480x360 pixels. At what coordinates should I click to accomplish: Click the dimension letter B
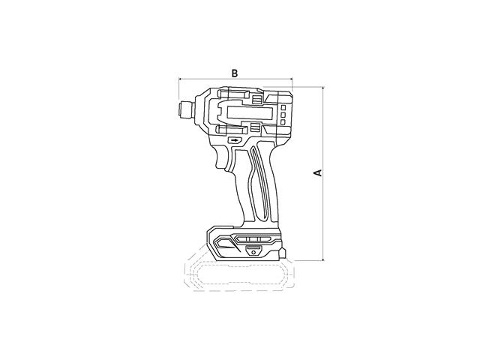(235, 73)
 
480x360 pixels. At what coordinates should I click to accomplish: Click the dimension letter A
(318, 172)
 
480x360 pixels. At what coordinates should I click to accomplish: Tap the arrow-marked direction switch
(235, 140)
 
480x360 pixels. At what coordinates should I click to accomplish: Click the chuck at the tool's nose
(186, 109)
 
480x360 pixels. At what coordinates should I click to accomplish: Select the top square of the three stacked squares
(283, 108)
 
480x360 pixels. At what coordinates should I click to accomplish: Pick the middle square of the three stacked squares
(283, 115)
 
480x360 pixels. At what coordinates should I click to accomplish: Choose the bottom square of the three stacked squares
(283, 121)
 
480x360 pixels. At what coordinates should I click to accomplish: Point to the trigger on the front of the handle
(223, 157)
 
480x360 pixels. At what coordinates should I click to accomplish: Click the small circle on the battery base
(253, 252)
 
